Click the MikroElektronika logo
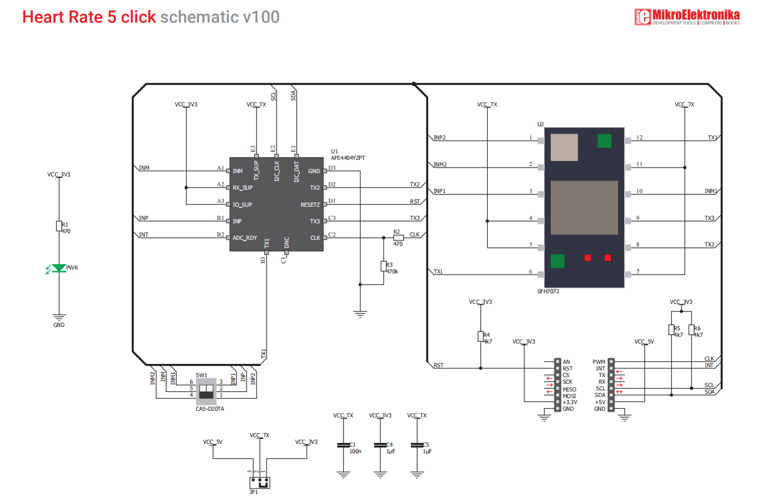687,17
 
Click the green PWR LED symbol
59,268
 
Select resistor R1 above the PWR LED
59,226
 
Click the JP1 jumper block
259,482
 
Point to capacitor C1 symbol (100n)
343,445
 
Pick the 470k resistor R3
384,266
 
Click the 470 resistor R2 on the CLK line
398,238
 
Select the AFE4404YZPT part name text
348,158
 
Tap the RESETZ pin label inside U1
310,205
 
